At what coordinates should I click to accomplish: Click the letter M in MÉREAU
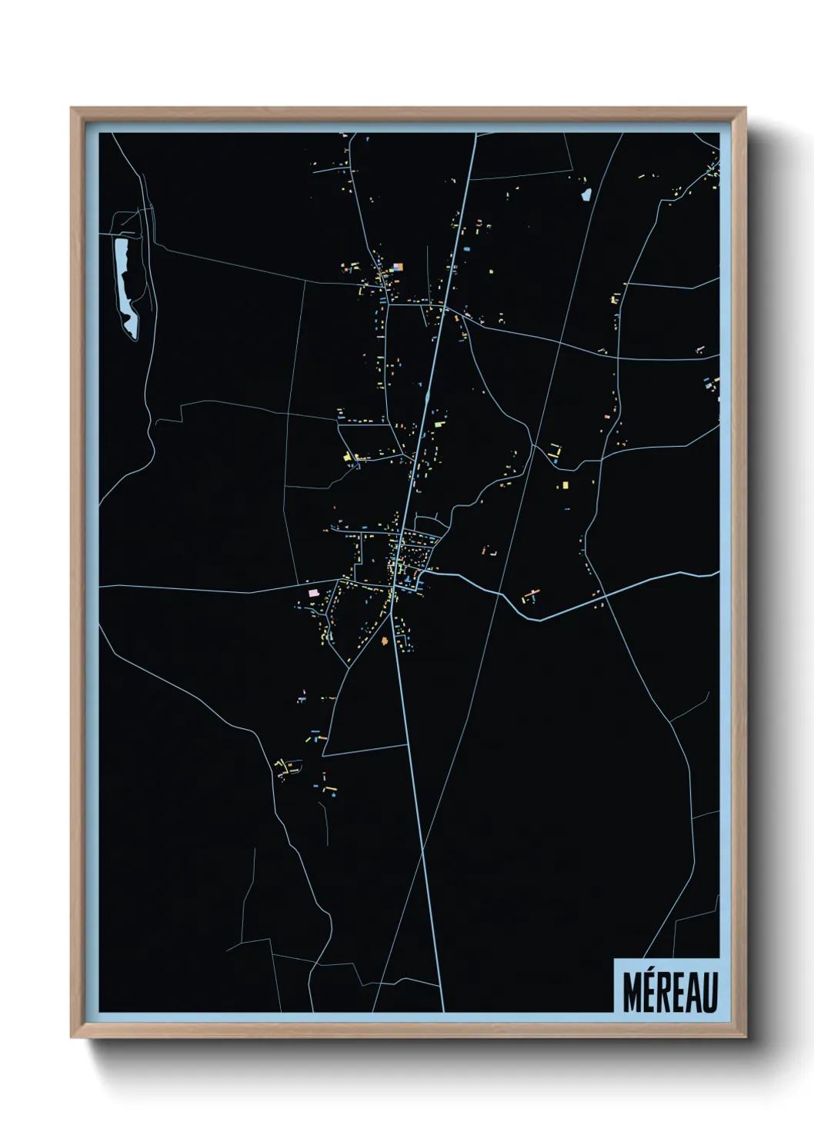(x=632, y=993)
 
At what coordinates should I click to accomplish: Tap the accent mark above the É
(x=652, y=974)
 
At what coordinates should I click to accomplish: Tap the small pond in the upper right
(x=586, y=194)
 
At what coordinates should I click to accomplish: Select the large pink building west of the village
(x=313, y=593)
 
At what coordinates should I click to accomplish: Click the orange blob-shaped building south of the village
(x=385, y=640)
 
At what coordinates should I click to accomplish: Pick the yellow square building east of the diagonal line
(x=565, y=485)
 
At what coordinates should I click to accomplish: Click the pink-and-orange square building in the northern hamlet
(x=397, y=268)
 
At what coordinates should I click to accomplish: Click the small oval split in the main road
(x=427, y=398)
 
